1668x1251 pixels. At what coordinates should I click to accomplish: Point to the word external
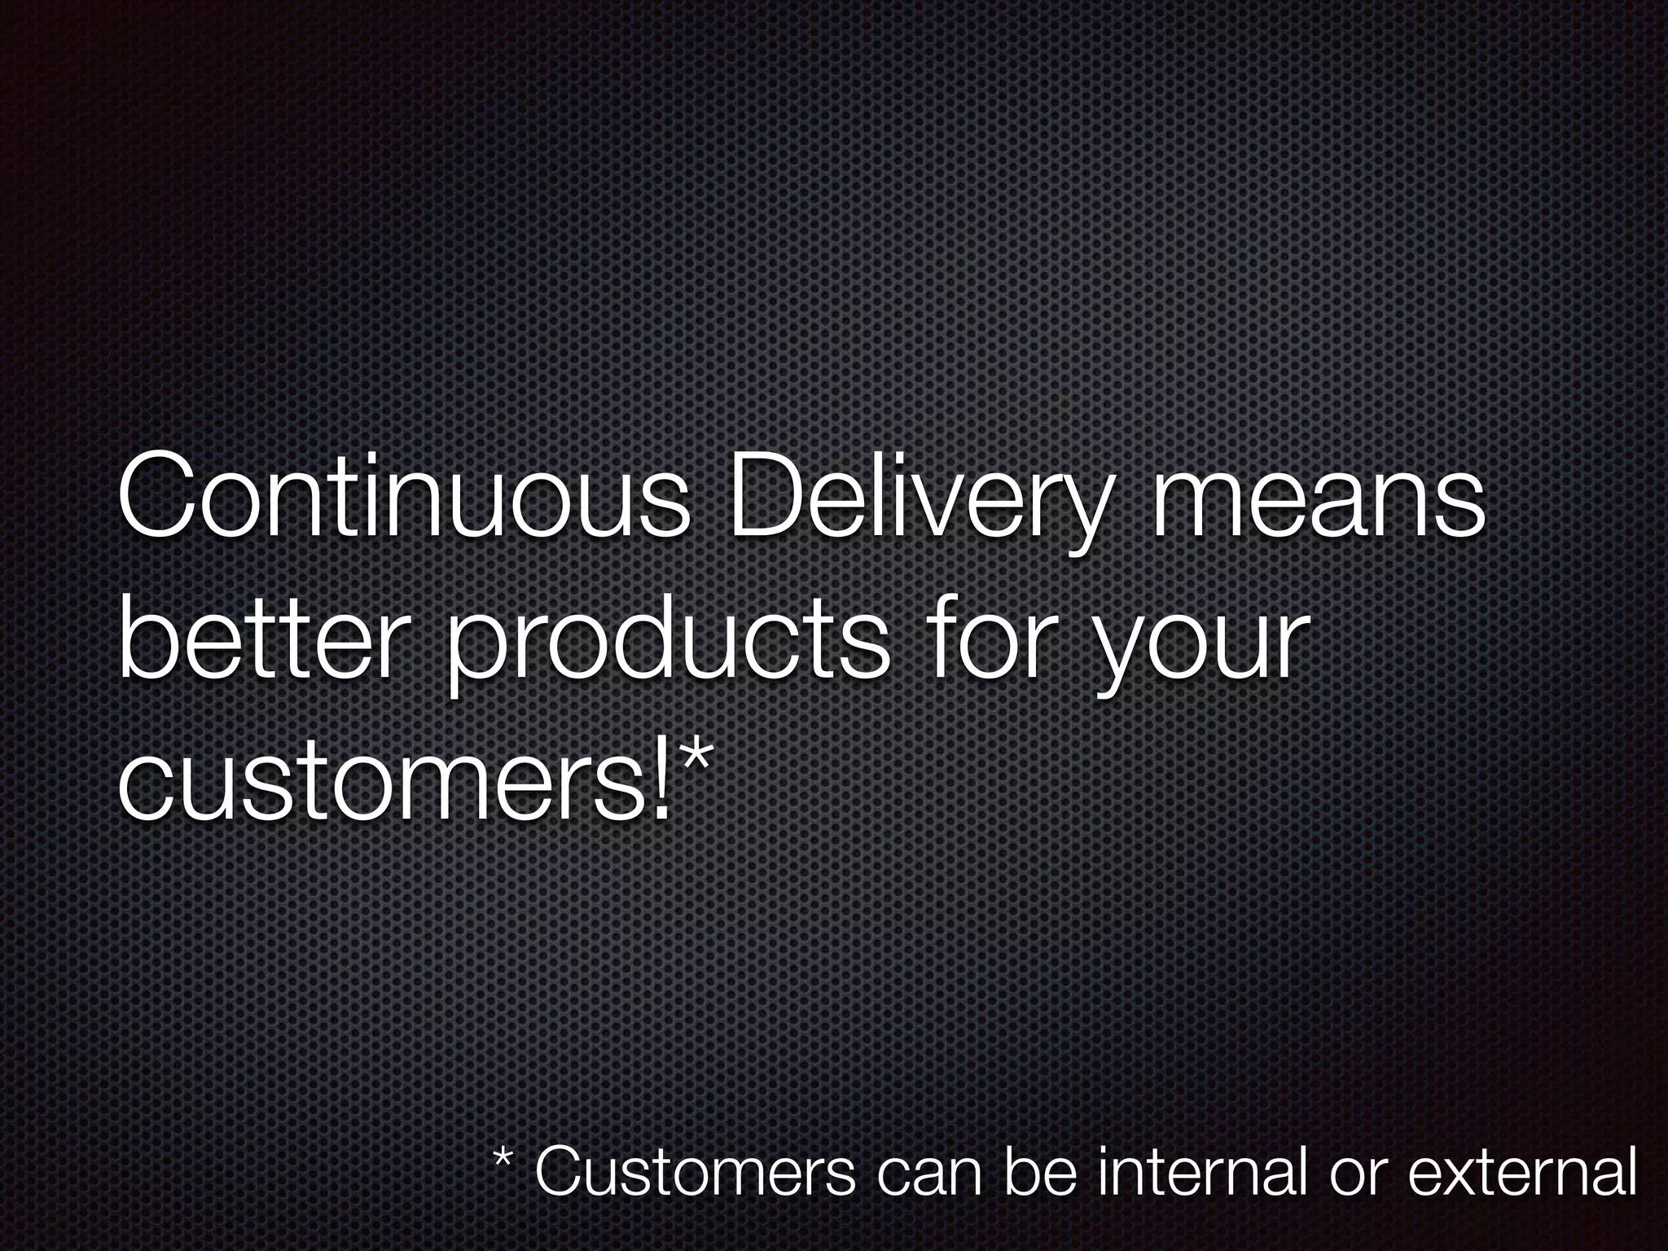1522,1173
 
